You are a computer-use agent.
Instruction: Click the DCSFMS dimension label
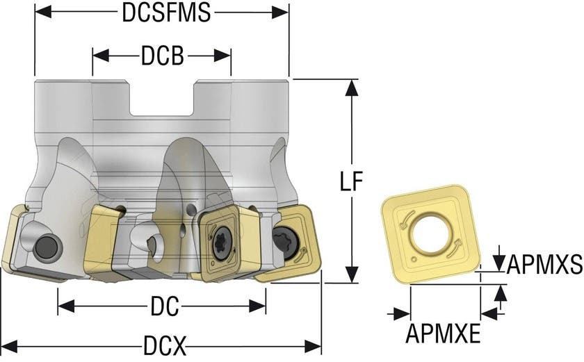click(165, 13)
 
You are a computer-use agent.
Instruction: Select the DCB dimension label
click(162, 56)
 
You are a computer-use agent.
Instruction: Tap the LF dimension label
click(352, 181)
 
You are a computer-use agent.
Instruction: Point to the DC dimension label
click(165, 305)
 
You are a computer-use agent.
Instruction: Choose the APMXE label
click(443, 334)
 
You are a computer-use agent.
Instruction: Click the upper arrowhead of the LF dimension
click(352, 87)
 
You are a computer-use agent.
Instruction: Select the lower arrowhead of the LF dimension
click(352, 276)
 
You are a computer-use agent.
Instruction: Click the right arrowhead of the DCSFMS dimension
click(281, 13)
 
